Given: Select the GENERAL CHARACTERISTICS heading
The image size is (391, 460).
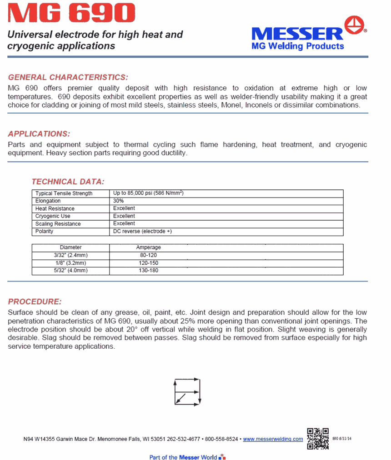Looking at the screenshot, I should click(68, 77).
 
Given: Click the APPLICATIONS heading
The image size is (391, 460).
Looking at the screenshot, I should click(39, 134).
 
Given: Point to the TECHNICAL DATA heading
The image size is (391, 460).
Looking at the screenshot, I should click(68, 182).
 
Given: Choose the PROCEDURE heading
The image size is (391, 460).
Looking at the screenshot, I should click(35, 302).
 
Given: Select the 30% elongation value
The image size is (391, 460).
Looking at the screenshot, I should click(119, 201).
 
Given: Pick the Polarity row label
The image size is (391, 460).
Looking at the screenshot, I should click(45, 231).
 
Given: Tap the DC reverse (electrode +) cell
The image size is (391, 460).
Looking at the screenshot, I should click(142, 231).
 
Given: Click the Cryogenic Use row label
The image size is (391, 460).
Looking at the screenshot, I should click(53, 216).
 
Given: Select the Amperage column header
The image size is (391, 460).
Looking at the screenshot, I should click(149, 247).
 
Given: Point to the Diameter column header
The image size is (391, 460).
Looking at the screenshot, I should click(70, 247).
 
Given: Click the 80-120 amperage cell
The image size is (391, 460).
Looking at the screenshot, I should click(149, 255).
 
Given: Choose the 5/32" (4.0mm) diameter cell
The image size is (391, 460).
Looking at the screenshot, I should click(70, 271).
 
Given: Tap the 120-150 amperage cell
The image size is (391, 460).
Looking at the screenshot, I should click(149, 263).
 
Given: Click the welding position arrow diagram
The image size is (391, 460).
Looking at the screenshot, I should click(187, 391).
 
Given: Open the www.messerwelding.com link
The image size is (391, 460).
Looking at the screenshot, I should click(273, 439).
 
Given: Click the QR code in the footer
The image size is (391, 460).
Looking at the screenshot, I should click(318, 439).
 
